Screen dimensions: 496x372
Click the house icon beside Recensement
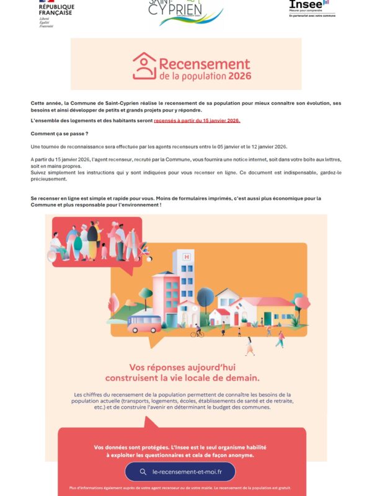coord(144,66)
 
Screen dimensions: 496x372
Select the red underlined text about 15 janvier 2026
coord(197,121)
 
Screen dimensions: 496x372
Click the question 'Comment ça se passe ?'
coord(60,134)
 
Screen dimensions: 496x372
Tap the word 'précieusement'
coord(51,179)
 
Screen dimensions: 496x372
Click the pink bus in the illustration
coord(145,321)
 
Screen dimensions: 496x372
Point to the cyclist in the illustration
coord(197,332)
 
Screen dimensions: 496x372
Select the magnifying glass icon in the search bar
coord(143,471)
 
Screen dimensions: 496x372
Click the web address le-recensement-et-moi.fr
coord(187,471)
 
